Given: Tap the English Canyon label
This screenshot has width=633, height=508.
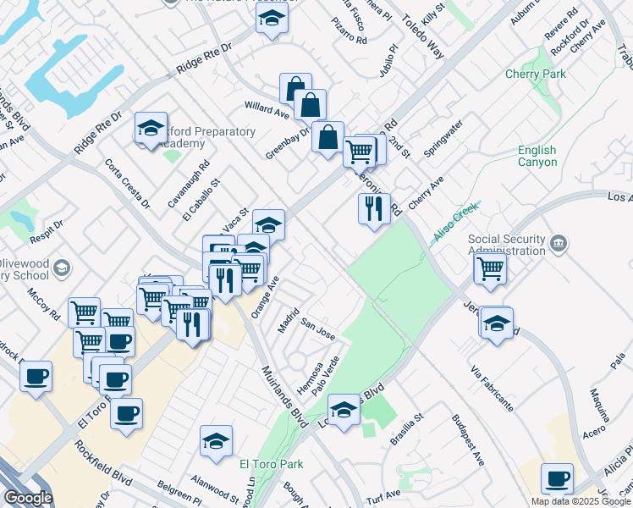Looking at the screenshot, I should point(537,157).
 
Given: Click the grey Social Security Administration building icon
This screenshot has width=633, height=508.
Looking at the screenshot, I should point(558,245).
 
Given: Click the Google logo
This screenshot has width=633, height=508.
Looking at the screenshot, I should point(29,498).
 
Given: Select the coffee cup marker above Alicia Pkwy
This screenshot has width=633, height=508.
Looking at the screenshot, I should point(557,479).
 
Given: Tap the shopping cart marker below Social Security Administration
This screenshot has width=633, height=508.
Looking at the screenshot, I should point(490,269).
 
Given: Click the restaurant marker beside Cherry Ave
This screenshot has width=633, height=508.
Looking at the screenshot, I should point(374,207).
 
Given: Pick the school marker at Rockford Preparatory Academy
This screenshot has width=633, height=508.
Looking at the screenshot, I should point(151,129).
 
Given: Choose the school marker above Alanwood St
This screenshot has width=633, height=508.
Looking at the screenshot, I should point(216,441).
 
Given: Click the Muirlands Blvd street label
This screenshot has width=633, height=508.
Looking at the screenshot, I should point(283,393).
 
